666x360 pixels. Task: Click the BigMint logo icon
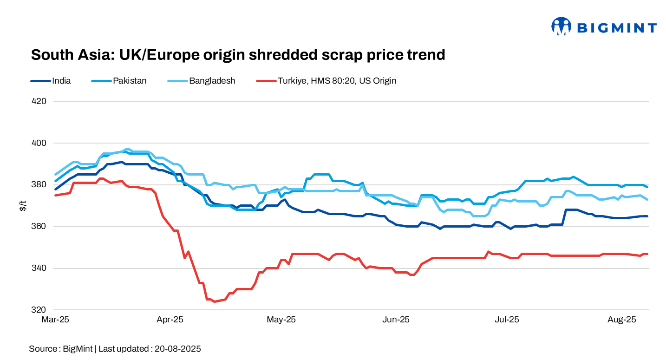(561, 26)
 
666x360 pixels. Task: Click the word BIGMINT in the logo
(617, 28)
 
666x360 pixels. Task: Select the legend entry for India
(61, 81)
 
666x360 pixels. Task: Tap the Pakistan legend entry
(130, 81)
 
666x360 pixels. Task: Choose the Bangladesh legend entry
(212, 81)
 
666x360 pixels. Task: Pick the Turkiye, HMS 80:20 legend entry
(337, 81)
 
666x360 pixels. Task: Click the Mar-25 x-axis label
(55, 320)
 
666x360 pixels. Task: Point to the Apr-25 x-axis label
(170, 320)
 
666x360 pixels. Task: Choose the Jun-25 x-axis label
(396, 320)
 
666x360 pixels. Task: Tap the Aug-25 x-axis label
(621, 320)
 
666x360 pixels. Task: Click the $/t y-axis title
(23, 206)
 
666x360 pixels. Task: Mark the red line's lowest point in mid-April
(214, 301)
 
